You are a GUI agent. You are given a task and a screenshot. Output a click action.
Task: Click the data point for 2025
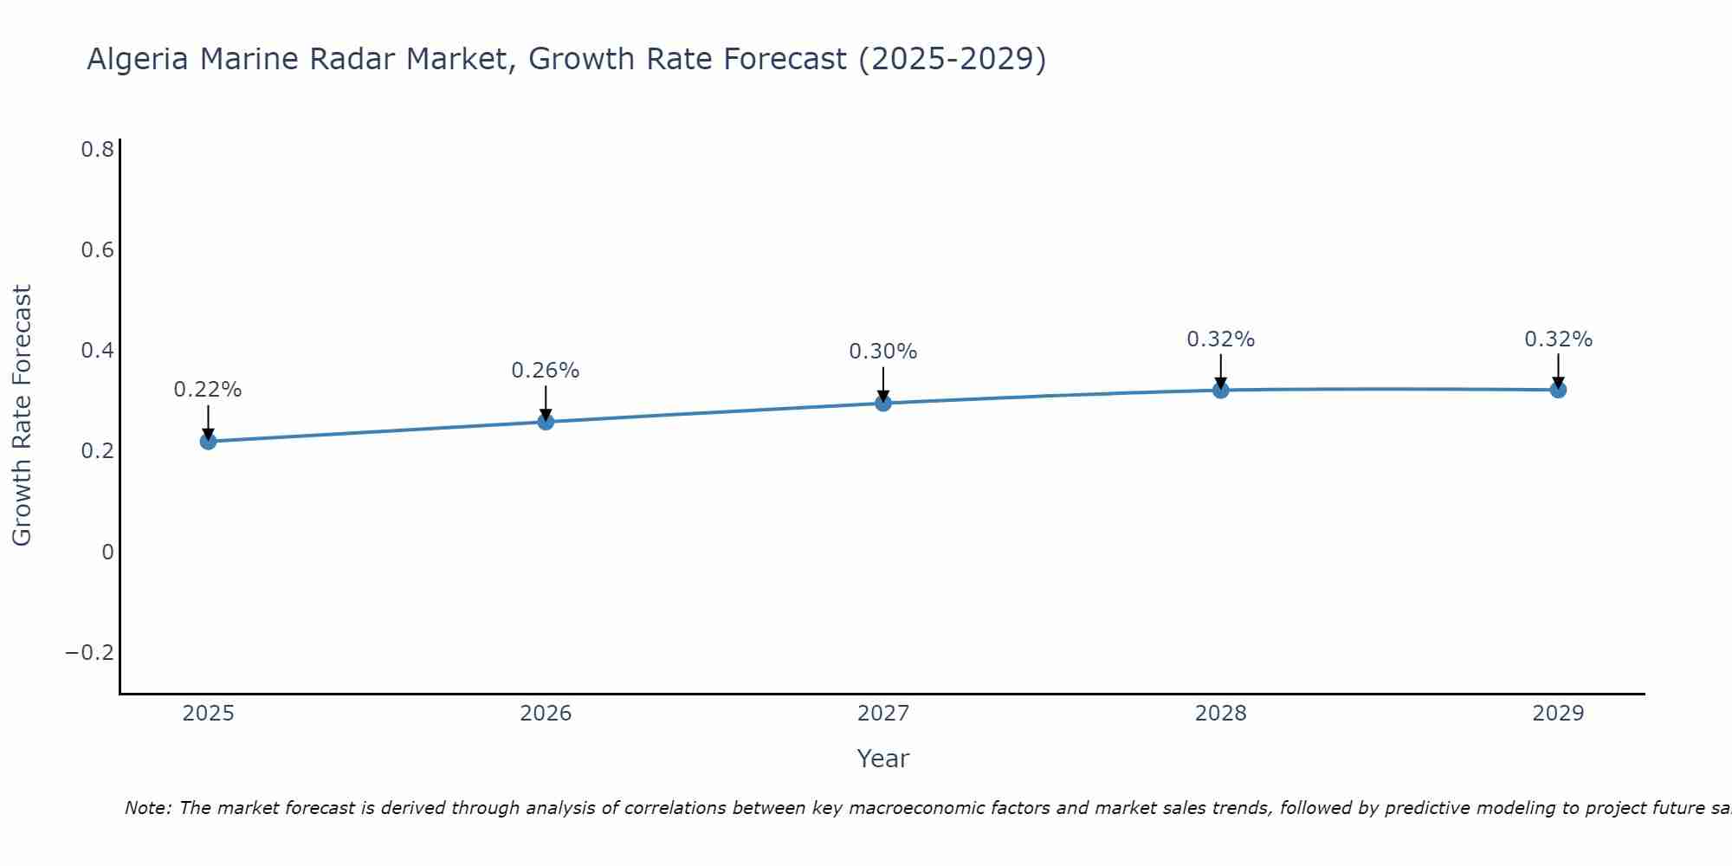(208, 442)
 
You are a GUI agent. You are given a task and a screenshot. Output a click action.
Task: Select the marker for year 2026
(546, 422)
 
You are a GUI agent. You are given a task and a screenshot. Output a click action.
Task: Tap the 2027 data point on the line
(883, 403)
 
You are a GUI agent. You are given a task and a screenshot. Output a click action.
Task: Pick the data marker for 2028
(1220, 391)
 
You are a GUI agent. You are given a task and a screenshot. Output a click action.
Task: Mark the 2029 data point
(1558, 390)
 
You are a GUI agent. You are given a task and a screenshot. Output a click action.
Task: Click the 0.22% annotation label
(208, 390)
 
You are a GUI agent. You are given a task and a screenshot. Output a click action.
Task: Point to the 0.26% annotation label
(546, 371)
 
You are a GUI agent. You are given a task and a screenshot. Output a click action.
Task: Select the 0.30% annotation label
(883, 352)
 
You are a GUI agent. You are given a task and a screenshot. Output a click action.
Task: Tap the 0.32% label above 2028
(1220, 339)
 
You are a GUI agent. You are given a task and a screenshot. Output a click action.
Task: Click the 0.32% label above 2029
(1558, 339)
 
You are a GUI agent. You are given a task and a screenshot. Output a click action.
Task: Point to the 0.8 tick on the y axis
(98, 150)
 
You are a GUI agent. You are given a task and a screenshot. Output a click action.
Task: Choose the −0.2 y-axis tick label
(90, 652)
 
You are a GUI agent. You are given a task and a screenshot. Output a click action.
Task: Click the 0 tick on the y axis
(107, 552)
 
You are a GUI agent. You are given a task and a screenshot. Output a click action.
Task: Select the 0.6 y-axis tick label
(98, 250)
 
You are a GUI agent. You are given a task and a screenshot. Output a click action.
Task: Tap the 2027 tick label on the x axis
(883, 714)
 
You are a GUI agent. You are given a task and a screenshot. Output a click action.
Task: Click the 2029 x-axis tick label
(1558, 714)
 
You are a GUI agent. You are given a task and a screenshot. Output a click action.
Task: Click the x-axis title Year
(883, 759)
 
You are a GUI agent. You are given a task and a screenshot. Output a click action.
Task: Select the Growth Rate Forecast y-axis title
(22, 416)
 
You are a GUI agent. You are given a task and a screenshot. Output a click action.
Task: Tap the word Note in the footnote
(148, 808)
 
